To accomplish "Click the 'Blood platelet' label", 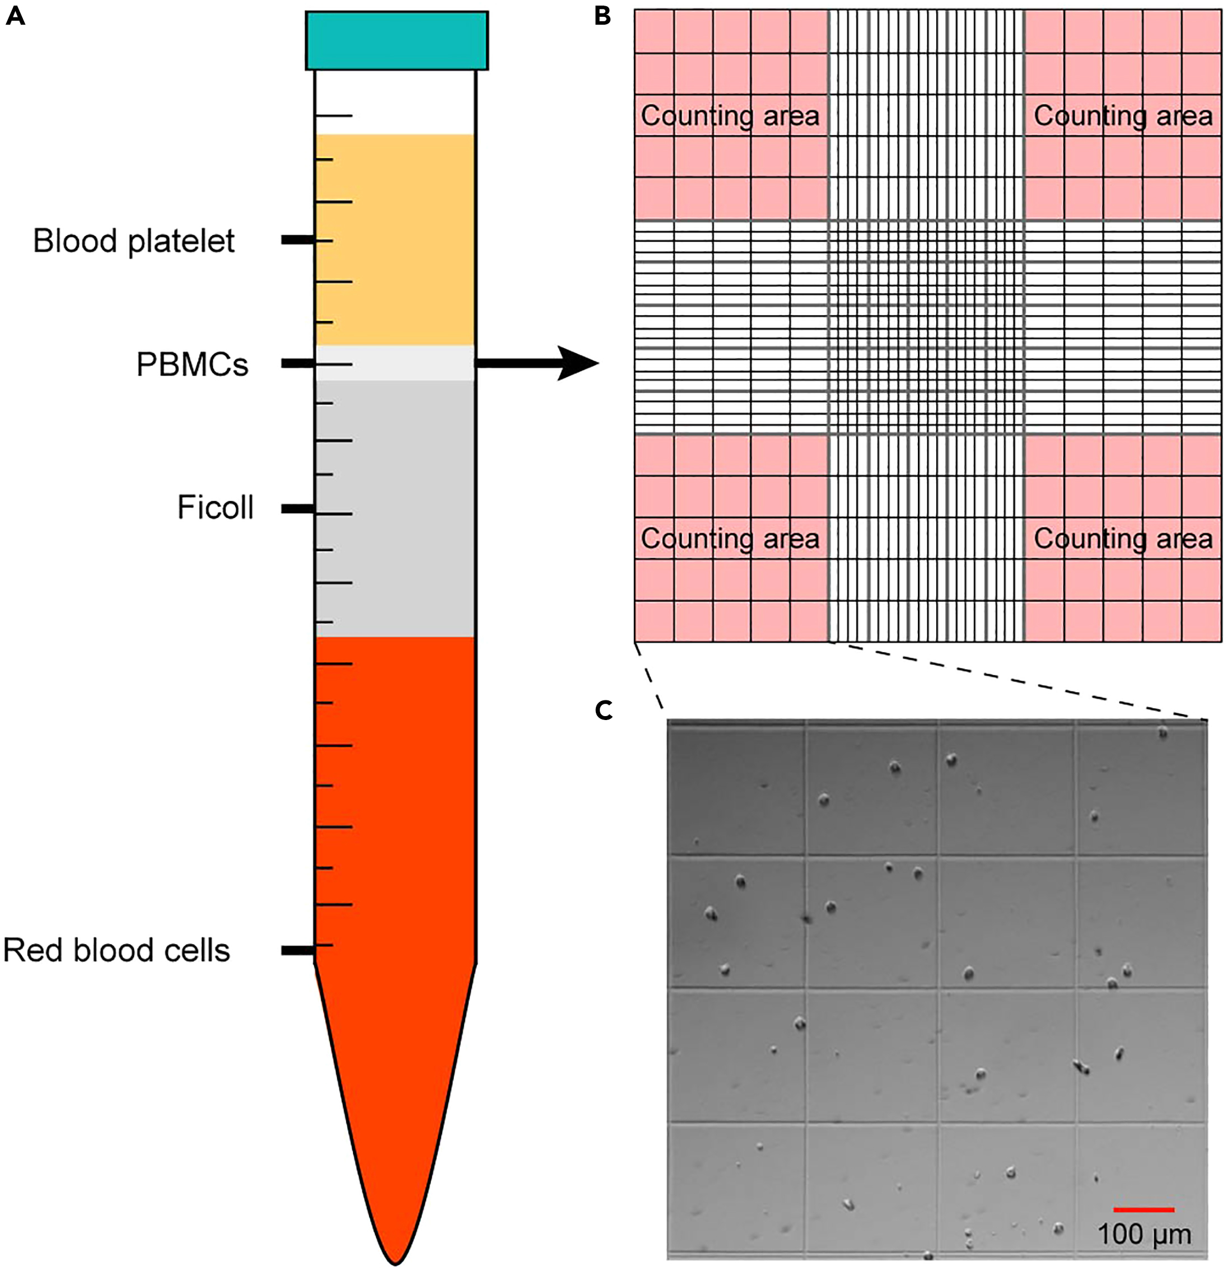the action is point(134,241).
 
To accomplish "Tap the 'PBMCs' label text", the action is point(192,365).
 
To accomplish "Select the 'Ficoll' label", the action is point(215,508).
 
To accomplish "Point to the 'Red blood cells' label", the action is point(116,951).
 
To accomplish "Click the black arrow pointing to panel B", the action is point(538,363).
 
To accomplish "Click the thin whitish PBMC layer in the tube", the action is point(395,363).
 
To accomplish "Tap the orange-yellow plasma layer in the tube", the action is point(395,240).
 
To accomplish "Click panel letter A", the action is point(15,16).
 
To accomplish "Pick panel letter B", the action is point(603,16).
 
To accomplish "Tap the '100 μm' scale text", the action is point(1145,1234).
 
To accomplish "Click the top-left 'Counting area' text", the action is point(730,116).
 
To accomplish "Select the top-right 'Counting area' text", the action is point(1122,116).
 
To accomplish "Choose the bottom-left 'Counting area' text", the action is point(730,539).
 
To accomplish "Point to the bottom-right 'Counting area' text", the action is point(1122,539).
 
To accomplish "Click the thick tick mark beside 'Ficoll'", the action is point(297,509).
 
